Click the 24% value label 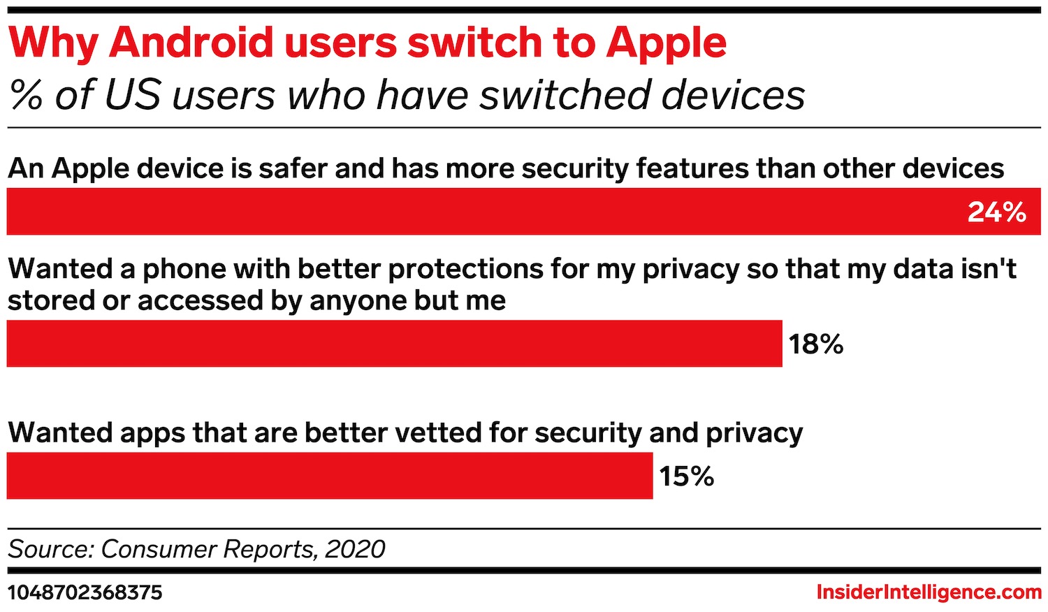point(996,212)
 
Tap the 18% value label point(816,344)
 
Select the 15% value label point(686,476)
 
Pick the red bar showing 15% point(329,476)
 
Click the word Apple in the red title point(667,43)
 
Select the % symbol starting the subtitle point(27,96)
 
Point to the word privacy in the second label point(690,269)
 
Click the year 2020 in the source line point(355,549)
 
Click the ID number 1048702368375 point(85,593)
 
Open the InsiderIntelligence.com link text point(929,593)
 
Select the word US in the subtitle point(133,96)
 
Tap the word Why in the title point(53,43)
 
